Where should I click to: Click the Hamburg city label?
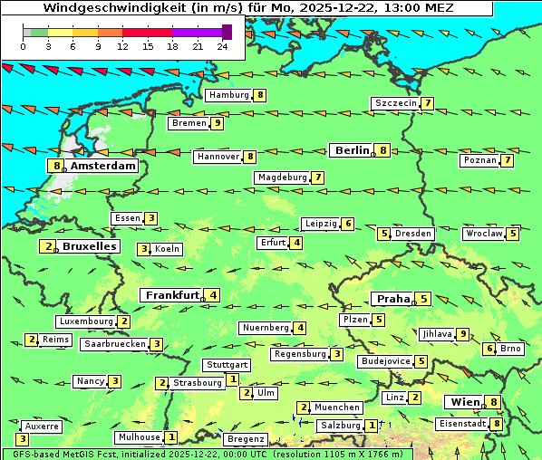click(228, 95)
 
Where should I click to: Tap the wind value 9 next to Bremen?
click(217, 123)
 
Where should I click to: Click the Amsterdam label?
click(102, 166)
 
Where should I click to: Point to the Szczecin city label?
click(396, 103)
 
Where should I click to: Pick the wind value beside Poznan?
click(508, 160)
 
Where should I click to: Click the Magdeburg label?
click(282, 177)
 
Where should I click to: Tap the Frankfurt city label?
click(172, 295)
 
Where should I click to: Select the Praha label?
click(393, 299)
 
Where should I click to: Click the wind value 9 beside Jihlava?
click(463, 334)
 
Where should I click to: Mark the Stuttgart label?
click(226, 365)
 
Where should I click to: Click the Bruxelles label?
click(88, 245)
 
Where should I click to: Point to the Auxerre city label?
click(42, 426)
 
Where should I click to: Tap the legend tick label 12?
click(121, 46)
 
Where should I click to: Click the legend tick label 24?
click(222, 46)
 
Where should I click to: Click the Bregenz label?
click(245, 438)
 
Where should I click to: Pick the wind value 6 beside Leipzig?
click(347, 224)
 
